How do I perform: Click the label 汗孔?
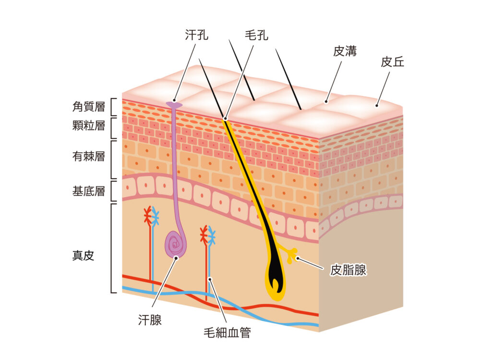tap(197, 35)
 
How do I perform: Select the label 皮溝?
tap(345, 51)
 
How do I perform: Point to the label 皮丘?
tap(393, 62)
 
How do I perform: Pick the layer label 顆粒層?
tap(88, 126)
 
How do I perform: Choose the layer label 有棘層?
tap(88, 156)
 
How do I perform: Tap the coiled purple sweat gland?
tap(175, 244)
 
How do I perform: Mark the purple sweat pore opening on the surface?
tap(174, 104)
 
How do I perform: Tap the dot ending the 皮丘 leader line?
tap(377, 105)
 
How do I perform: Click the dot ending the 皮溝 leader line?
tap(326, 101)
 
